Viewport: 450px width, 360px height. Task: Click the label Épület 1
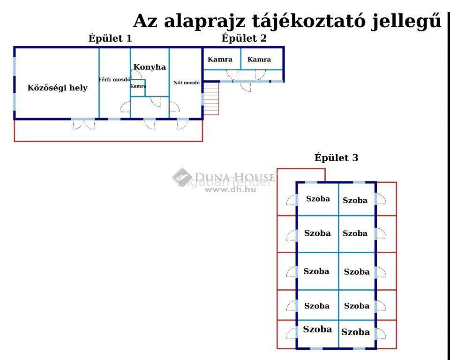click(x=110, y=38)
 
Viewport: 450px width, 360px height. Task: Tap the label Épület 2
click(x=244, y=38)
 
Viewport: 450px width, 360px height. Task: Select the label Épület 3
click(x=337, y=158)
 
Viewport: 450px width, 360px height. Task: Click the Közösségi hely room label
click(x=57, y=88)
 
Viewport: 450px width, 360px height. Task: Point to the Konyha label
click(x=150, y=67)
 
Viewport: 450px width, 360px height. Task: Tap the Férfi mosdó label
click(x=114, y=80)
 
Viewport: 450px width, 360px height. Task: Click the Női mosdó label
click(x=187, y=82)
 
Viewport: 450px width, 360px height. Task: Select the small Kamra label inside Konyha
click(x=138, y=86)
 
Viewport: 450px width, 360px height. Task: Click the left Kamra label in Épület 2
click(x=220, y=60)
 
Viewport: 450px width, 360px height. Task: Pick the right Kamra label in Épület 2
click(x=259, y=60)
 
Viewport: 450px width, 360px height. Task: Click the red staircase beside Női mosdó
click(x=211, y=98)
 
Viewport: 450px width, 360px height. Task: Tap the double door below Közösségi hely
click(x=83, y=125)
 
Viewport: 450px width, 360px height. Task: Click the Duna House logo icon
click(x=182, y=177)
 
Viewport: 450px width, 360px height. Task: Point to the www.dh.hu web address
click(x=231, y=189)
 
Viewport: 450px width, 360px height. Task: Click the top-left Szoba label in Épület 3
click(x=318, y=199)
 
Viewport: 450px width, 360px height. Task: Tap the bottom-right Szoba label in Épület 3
click(x=356, y=332)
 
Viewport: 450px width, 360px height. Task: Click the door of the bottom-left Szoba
click(x=291, y=333)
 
